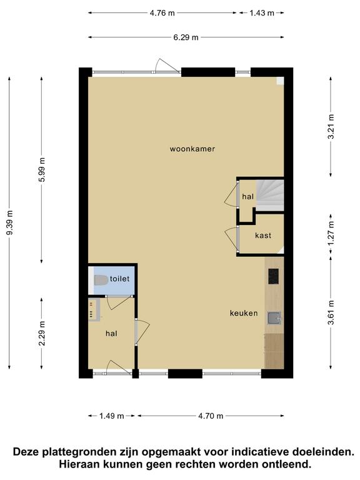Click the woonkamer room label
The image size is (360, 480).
[x=192, y=149]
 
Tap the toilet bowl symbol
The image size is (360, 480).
[x=101, y=280]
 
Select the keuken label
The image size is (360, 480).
[x=244, y=313]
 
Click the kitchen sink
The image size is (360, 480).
[x=274, y=317]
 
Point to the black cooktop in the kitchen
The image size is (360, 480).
[x=273, y=276]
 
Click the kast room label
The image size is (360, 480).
[x=263, y=236]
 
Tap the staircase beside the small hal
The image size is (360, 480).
[x=270, y=195]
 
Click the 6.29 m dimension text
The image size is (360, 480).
[x=186, y=37]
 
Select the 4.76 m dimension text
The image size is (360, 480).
[x=162, y=13]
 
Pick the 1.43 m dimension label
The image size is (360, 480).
[x=262, y=13]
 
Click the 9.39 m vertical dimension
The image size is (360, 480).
[x=10, y=222]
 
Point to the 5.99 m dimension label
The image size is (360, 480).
[x=42, y=169]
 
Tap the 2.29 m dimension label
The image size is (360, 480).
[x=42, y=333]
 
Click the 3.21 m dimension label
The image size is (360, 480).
[x=331, y=126]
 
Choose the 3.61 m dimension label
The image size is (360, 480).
[x=331, y=313]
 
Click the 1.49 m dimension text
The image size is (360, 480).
[x=111, y=416]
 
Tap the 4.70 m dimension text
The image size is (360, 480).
[x=211, y=416]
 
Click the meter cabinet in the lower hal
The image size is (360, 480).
[x=94, y=310]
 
